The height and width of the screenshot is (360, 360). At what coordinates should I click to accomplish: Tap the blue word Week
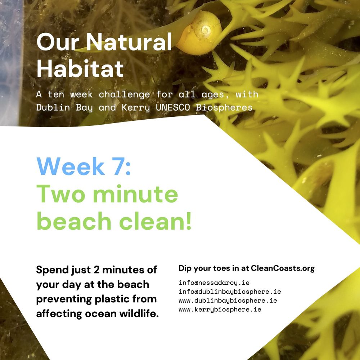(70, 166)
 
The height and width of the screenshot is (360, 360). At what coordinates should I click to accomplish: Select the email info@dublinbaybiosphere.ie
(230, 292)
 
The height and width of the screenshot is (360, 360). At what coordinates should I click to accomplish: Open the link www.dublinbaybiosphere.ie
(228, 301)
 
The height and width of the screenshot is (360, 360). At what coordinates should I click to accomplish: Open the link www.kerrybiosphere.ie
(220, 309)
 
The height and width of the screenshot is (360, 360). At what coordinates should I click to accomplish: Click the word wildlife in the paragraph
(138, 314)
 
